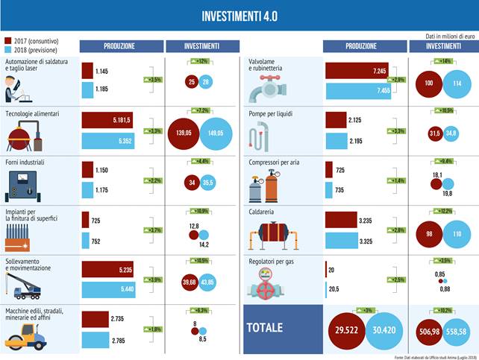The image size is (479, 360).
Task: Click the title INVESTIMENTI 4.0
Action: (239, 16)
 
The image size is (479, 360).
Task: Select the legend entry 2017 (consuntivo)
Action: (34, 40)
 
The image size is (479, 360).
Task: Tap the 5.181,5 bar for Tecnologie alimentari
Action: (107, 119)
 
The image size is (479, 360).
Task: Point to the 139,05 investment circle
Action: (184, 131)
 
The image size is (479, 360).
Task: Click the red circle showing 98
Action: (430, 233)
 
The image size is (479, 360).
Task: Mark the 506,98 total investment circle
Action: (429, 330)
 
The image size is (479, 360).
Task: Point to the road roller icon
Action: (27, 334)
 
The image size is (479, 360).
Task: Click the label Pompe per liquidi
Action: (275, 113)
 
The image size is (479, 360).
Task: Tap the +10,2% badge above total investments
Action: (442, 310)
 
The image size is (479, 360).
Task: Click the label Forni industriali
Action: (25, 161)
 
